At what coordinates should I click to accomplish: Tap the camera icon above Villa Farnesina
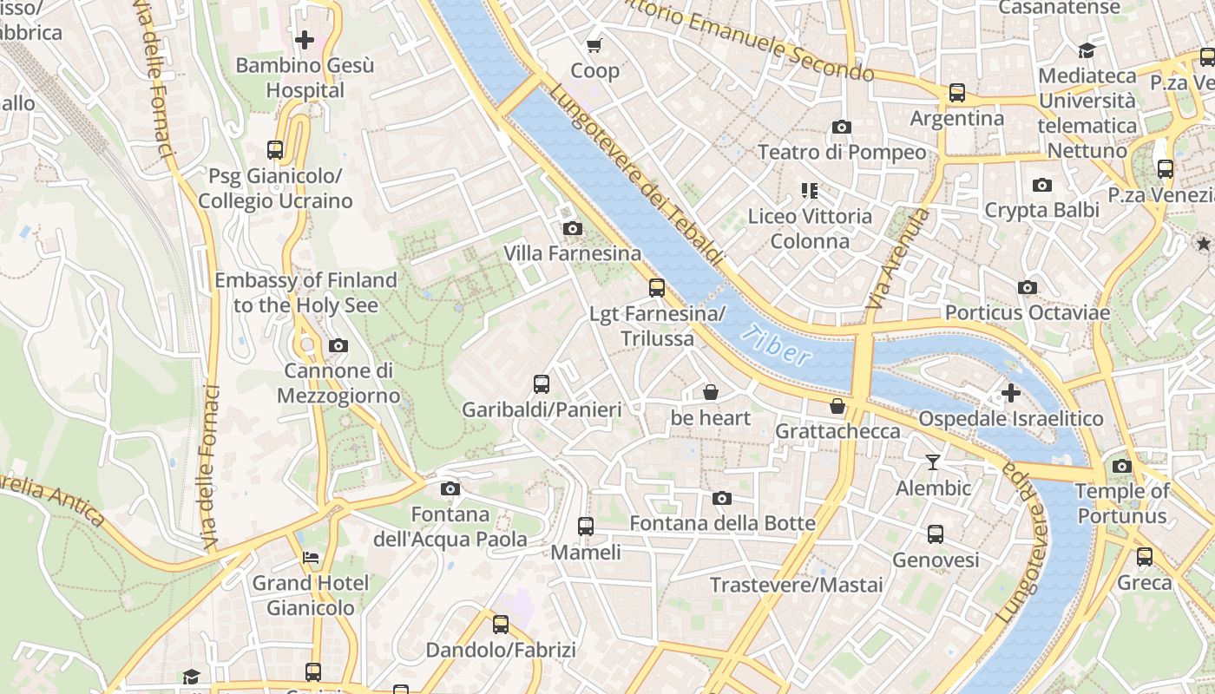coord(573,228)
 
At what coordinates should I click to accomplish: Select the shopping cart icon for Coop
coord(594,45)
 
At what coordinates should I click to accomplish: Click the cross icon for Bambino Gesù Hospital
coord(305,39)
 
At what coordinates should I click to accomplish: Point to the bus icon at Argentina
coord(957,92)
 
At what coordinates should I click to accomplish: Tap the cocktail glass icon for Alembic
coord(933,462)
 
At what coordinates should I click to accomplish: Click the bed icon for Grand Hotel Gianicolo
coord(311,557)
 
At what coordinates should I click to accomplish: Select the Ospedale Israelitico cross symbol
coord(1011,393)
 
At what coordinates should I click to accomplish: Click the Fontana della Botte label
coord(722,523)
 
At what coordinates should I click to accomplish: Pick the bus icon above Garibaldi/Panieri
coord(542,383)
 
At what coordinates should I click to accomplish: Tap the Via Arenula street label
coord(898,258)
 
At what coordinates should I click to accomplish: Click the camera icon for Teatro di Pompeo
coord(841,127)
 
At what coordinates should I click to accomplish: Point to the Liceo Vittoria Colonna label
coord(810,228)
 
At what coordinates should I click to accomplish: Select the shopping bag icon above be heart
coord(711,392)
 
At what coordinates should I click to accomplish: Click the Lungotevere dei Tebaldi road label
coord(636,173)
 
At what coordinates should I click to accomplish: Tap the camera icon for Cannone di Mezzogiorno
coord(338,345)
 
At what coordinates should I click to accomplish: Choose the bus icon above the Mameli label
coord(586,526)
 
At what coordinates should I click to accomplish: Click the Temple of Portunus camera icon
coord(1122,466)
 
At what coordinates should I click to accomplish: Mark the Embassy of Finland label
coord(305,292)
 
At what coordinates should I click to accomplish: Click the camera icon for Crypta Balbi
coord(1042,185)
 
